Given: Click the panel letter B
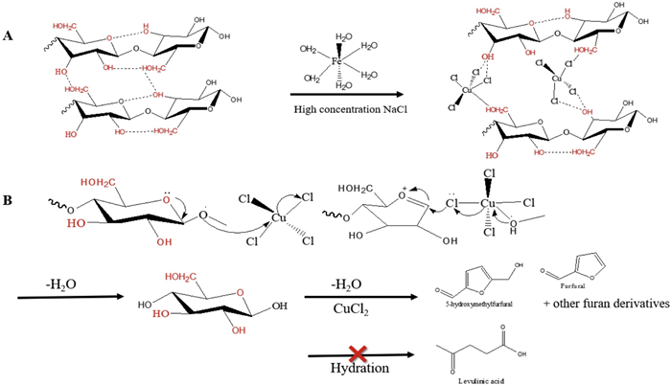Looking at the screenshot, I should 8,202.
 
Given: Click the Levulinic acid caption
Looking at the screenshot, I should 464,376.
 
